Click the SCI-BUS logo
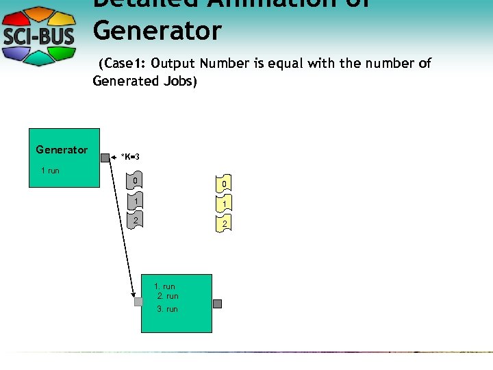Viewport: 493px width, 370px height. click(x=40, y=36)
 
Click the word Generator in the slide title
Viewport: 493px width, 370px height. click(x=157, y=31)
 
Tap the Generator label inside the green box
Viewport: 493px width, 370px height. click(x=62, y=149)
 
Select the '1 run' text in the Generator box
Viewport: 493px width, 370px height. click(x=50, y=170)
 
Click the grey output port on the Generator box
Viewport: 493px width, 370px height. click(x=105, y=158)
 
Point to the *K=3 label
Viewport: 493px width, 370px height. click(x=130, y=157)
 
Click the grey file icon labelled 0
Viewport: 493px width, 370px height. click(x=136, y=182)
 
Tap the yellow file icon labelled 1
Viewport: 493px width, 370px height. click(x=223, y=204)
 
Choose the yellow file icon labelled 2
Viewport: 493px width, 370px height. click(x=223, y=224)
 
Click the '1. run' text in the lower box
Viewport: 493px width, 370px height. click(x=164, y=286)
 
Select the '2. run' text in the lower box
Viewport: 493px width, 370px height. click(x=168, y=296)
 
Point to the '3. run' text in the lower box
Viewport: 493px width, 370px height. click(x=167, y=309)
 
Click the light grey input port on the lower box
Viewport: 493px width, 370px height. click(x=138, y=301)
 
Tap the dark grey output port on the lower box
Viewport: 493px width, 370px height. click(x=217, y=304)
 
